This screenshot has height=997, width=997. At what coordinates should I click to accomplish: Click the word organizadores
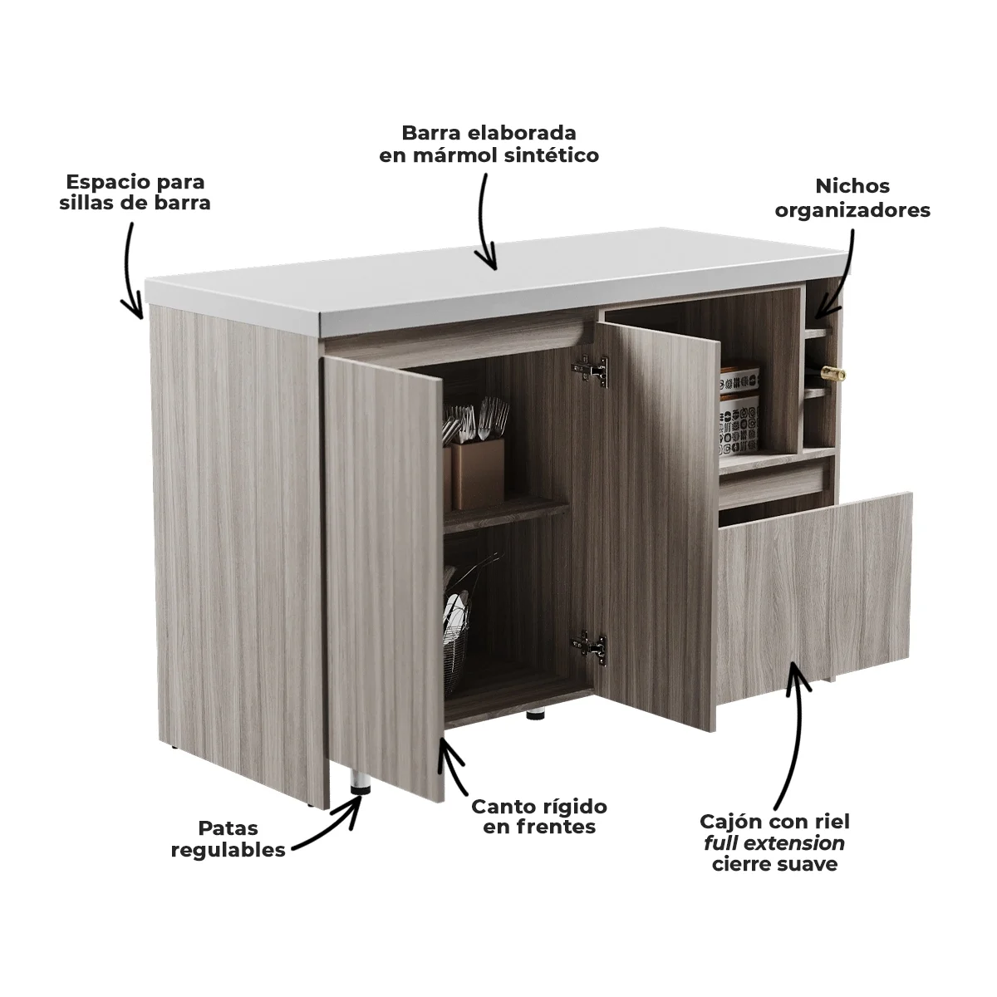point(852,210)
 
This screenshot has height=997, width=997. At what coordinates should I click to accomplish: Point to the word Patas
point(228,828)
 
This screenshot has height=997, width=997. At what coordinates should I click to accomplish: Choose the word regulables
point(228,850)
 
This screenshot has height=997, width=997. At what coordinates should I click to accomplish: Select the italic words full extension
point(774,843)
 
